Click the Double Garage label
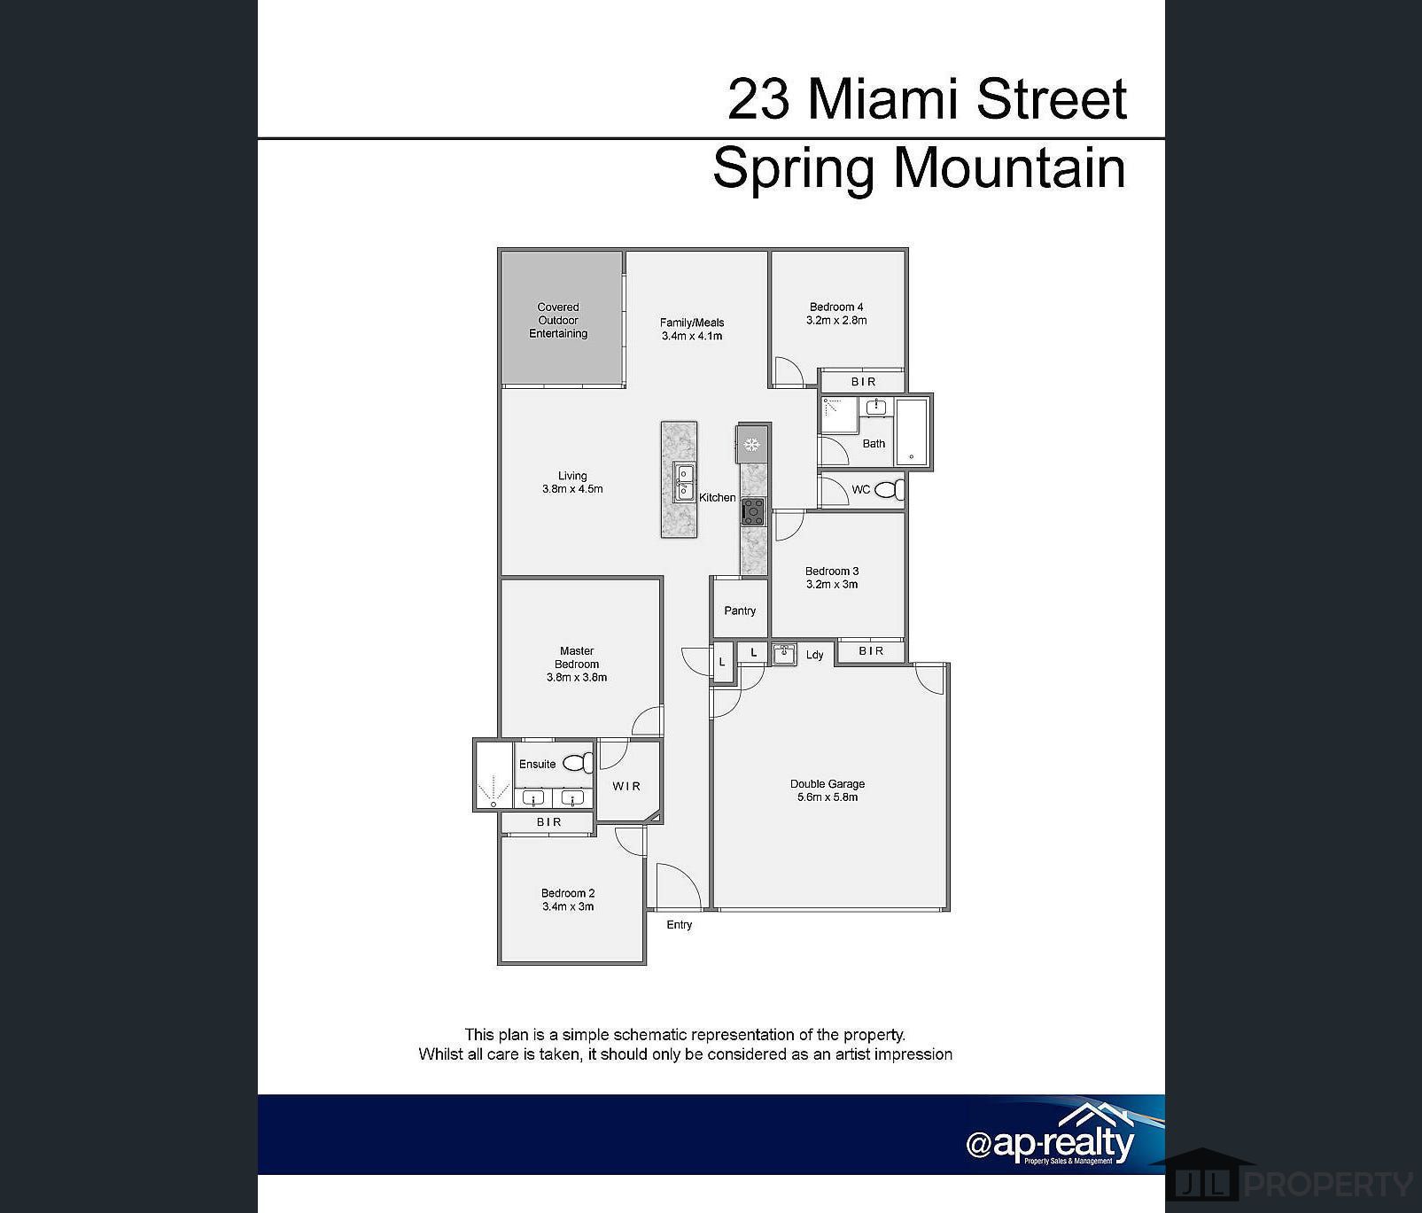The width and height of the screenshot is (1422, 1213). click(827, 784)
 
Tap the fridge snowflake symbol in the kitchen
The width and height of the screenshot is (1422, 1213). click(752, 444)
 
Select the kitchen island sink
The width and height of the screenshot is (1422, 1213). click(683, 482)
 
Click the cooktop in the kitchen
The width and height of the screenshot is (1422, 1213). click(753, 511)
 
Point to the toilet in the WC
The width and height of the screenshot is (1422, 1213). click(896, 490)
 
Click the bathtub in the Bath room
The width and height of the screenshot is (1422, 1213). click(911, 432)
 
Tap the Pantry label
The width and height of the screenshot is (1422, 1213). click(740, 610)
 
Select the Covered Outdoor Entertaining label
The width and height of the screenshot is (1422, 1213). click(558, 321)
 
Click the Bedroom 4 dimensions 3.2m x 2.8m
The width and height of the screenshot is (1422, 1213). click(836, 321)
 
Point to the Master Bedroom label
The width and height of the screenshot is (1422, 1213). click(577, 657)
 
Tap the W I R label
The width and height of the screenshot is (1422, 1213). click(626, 786)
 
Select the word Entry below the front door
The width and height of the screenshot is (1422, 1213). click(680, 925)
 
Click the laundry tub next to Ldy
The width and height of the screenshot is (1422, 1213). click(783, 655)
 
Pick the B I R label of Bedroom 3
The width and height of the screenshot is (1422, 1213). click(871, 651)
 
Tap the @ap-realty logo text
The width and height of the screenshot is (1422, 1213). click(1050, 1143)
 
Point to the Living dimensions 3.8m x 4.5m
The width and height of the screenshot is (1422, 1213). click(572, 489)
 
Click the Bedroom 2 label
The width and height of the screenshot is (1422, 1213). click(568, 893)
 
